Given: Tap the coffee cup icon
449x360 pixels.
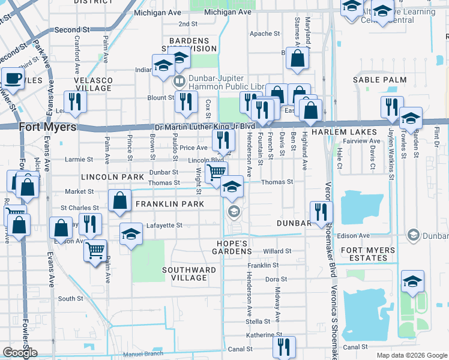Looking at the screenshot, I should [13, 78].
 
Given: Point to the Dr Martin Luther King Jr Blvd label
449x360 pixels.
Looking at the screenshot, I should [205, 127].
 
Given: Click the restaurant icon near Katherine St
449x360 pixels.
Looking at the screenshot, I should [284, 346].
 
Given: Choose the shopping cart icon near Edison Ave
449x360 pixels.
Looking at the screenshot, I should [95, 250].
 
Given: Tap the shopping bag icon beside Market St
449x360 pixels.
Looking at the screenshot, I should [120, 200].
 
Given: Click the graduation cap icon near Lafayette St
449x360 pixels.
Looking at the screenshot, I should [131, 234].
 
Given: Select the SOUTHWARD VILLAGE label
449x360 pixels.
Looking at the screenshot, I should [189, 274].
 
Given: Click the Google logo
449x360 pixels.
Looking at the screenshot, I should [20, 353].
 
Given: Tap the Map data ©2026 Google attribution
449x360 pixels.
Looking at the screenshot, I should [411, 355].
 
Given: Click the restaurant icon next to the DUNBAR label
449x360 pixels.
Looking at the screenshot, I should [321, 211].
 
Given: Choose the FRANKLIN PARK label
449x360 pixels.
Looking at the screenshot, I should [170, 205].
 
